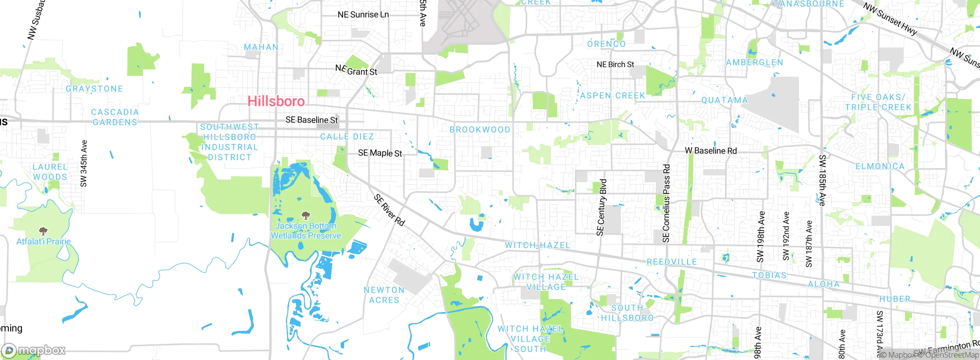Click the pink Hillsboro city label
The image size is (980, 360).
[x=276, y=101]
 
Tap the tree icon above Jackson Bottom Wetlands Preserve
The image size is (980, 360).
[x=305, y=216]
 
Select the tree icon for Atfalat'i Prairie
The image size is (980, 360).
[x=43, y=231]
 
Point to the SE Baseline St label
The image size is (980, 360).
[x=312, y=120]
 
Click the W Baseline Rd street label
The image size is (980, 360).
[x=710, y=151]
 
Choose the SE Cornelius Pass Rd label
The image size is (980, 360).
[x=666, y=203]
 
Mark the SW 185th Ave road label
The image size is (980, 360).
[x=822, y=180]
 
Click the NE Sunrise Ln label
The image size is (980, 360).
[x=363, y=15]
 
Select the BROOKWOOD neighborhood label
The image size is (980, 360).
[x=480, y=130]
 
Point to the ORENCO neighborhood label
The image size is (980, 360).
[x=606, y=44]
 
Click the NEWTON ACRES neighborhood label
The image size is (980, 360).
[x=384, y=295]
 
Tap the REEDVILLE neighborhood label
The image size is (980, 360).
[x=671, y=262]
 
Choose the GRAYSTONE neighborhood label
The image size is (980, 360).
[x=95, y=89]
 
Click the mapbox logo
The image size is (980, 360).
[x=34, y=350]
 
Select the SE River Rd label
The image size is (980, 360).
[x=389, y=210]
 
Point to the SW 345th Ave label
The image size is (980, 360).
[x=84, y=164]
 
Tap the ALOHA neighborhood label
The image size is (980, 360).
[x=824, y=284]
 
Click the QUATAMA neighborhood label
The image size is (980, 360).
[x=724, y=100]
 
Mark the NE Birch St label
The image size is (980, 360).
[x=615, y=65]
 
